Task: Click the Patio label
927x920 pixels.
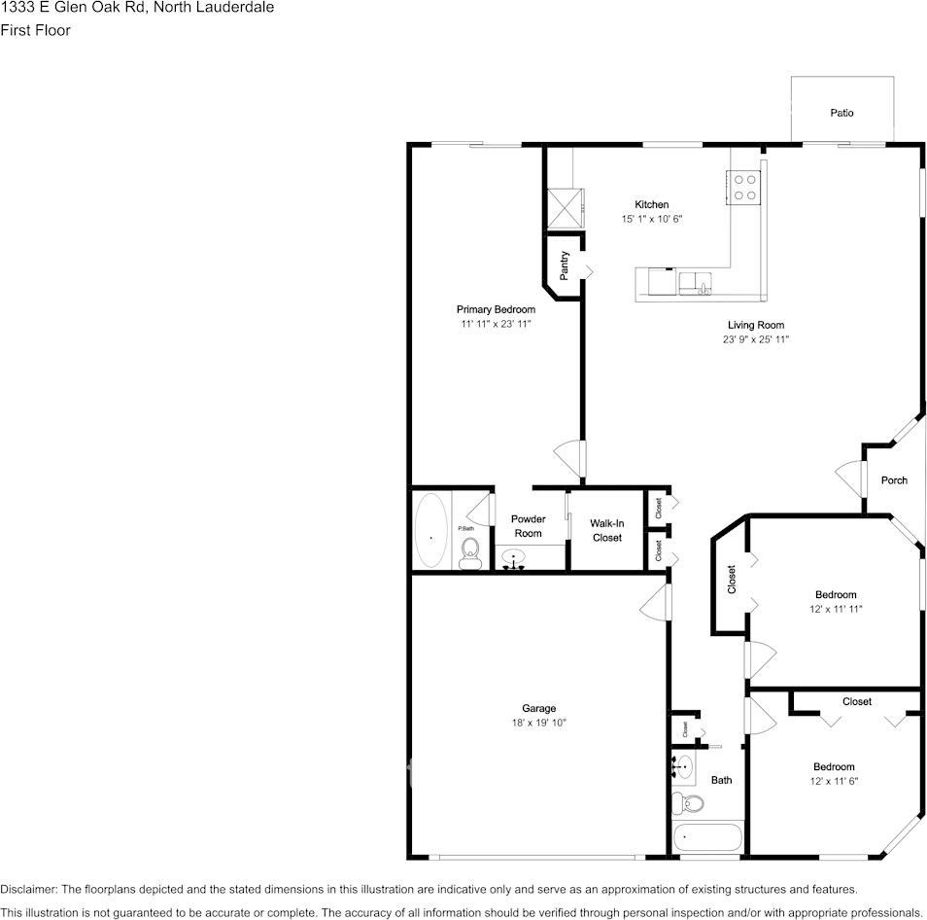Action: [841, 113]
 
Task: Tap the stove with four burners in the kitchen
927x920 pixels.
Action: [745, 187]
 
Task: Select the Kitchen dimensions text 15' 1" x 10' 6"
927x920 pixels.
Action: [652, 220]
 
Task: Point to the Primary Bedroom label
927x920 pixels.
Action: [496, 309]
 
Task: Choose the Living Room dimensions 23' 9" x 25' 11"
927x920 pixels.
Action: [755, 340]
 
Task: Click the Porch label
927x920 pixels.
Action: [894, 480]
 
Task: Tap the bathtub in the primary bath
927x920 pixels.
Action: [431, 531]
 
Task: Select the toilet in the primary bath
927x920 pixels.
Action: [469, 552]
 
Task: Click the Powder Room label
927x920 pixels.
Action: [528, 526]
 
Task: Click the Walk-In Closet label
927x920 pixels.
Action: [606, 530]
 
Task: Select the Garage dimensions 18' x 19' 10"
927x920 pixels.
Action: [538, 723]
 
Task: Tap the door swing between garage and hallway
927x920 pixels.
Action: [657, 602]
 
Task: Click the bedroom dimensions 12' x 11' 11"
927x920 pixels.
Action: [835, 609]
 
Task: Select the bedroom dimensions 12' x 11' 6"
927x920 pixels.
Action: [834, 781]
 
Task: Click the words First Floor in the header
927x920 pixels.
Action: [36, 30]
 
